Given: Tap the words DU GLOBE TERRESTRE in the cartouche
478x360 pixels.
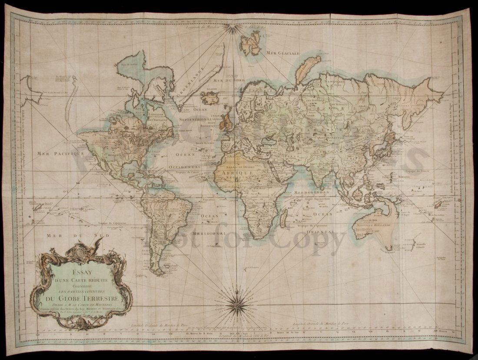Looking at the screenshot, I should (x=83, y=299).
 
